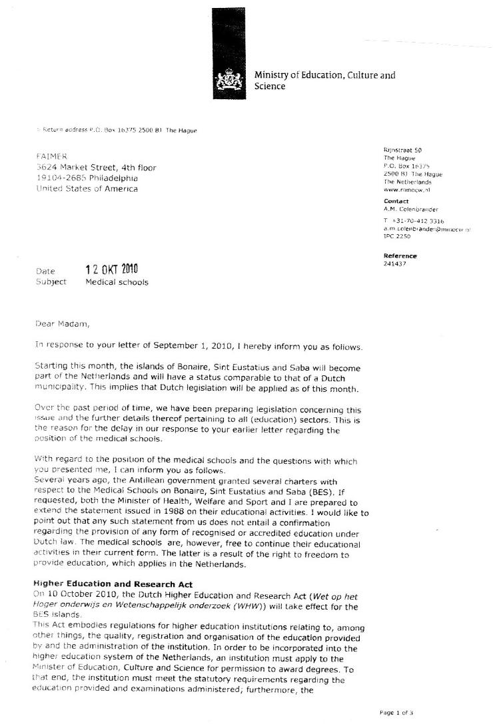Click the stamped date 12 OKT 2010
pos(111,270)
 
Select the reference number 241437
pos(395,264)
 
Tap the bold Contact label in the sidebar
pos(396,201)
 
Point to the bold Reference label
pos(400,256)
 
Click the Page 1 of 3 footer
pos(396,713)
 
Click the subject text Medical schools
pos(117,281)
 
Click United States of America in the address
pos(87,188)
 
